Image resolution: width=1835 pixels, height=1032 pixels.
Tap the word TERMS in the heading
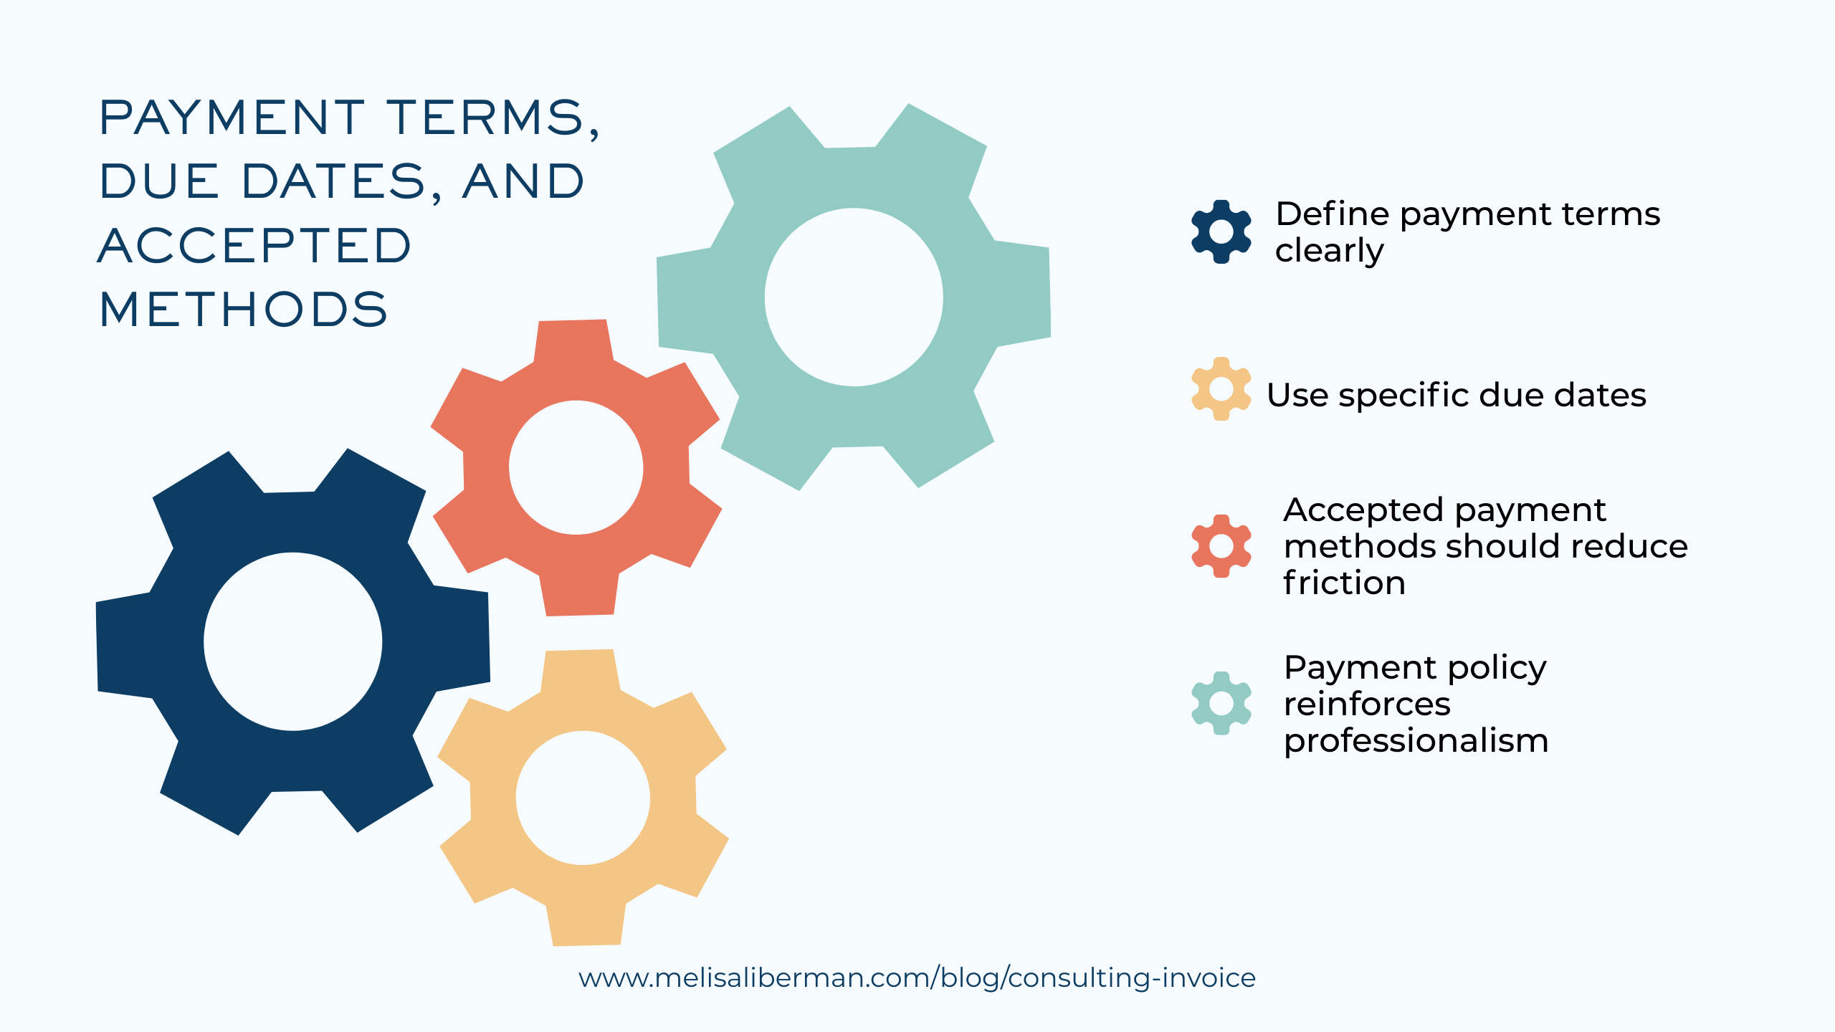(x=493, y=118)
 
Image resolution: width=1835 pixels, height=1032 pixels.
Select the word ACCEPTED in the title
(x=254, y=246)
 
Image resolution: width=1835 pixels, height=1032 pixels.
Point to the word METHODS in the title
(x=244, y=310)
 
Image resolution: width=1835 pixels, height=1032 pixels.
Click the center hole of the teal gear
(x=854, y=297)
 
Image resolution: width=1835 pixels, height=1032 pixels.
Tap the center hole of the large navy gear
(x=292, y=641)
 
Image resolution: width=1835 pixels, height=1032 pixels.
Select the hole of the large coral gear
(x=576, y=467)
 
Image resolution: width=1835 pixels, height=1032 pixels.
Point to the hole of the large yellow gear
(x=583, y=798)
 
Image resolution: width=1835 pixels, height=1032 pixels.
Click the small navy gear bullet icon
(x=1221, y=231)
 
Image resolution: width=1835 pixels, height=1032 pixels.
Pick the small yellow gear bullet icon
(x=1221, y=389)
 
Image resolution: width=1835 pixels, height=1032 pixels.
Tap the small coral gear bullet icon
(x=1221, y=546)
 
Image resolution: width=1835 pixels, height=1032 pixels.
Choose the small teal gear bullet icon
(x=1221, y=703)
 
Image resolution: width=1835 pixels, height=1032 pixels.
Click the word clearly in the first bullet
(x=1329, y=252)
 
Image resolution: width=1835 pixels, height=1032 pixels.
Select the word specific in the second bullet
(x=1403, y=396)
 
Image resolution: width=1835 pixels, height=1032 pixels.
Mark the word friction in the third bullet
(x=1344, y=583)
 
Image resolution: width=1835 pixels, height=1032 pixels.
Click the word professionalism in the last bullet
(x=1416, y=741)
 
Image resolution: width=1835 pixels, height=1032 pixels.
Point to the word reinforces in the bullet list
(x=1367, y=704)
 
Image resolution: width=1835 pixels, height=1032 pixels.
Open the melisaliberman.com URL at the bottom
(x=917, y=978)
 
